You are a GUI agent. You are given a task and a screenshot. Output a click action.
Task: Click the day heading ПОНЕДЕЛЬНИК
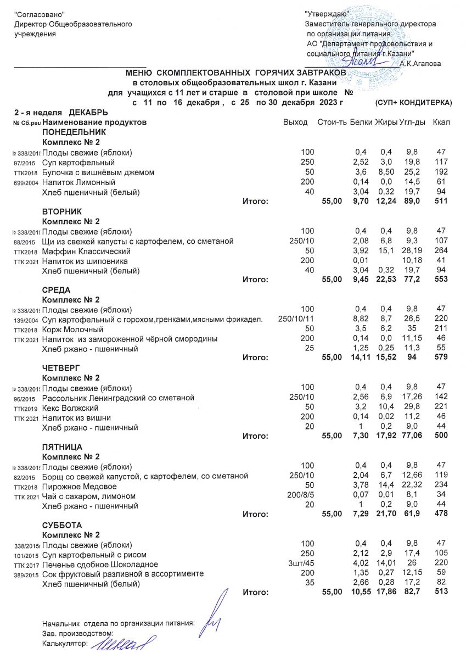[74, 133]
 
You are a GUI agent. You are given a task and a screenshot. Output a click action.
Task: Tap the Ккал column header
[441, 122]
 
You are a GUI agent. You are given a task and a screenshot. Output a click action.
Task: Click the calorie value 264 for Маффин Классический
[441, 252]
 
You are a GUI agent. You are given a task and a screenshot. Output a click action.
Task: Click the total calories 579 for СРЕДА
[441, 358]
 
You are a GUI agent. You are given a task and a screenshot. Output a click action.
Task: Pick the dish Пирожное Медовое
[80, 487]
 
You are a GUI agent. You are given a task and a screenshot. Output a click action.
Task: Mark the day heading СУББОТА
[62, 525]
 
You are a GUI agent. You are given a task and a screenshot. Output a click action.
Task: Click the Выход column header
[295, 122]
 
